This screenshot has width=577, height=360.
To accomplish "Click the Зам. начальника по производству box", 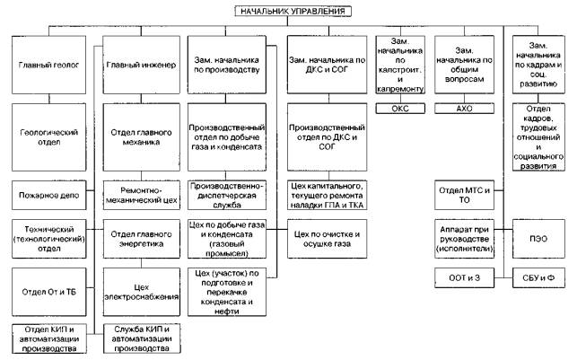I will (x=232, y=65).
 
